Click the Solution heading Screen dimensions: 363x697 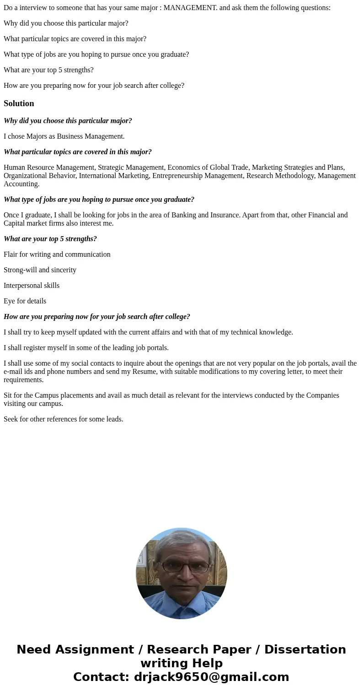pos(19,103)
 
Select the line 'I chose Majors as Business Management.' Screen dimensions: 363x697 pos(64,136)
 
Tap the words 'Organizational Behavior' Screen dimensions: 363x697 pos(39,176)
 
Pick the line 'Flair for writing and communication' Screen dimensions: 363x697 pos(57,254)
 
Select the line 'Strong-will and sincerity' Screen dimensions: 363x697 pos(40,270)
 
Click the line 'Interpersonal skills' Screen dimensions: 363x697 pos(32,286)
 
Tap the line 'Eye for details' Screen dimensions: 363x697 pos(25,301)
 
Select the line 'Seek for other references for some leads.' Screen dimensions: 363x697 pos(64,419)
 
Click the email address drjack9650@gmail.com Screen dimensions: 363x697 pos(211,677)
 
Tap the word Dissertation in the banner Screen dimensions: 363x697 pos(305,650)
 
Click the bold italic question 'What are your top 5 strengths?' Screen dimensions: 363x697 pos(50,239)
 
